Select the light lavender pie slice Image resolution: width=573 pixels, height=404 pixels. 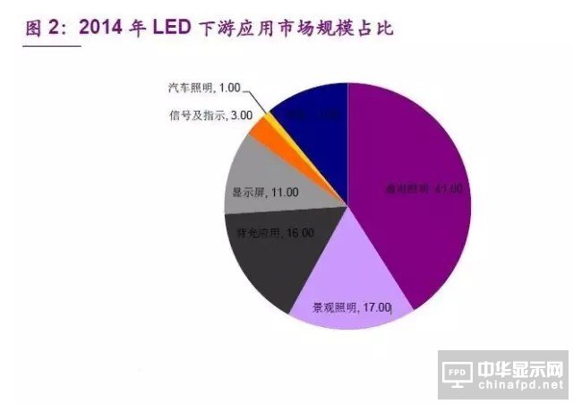click(x=358, y=287)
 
